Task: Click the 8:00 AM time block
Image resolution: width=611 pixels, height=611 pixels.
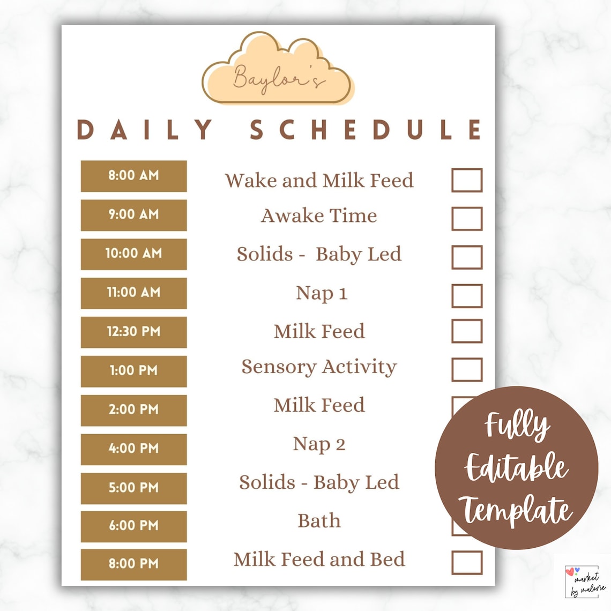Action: (x=133, y=176)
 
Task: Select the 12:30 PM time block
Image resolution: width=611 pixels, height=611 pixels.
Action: (x=133, y=332)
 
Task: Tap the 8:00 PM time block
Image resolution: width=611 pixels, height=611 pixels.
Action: (x=133, y=564)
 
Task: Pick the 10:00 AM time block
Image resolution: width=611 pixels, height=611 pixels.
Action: (x=133, y=254)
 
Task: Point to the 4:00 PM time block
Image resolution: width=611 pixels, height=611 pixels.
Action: (x=133, y=449)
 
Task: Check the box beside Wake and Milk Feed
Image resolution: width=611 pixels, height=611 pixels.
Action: (x=466, y=180)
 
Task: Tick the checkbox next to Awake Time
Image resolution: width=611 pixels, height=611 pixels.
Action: (x=466, y=219)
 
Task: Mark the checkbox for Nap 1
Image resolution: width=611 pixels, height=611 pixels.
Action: (x=466, y=296)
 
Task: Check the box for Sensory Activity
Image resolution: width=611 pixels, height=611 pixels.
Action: (x=466, y=370)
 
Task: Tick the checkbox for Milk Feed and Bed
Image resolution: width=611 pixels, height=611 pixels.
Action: (x=466, y=563)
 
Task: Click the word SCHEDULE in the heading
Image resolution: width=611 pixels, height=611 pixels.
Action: (x=367, y=130)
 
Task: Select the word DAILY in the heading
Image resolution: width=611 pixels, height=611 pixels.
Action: (x=145, y=130)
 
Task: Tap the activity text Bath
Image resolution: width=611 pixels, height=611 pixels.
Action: (x=319, y=520)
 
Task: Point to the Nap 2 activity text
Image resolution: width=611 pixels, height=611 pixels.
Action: (x=319, y=444)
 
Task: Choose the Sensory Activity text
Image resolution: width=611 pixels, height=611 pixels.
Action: (x=319, y=367)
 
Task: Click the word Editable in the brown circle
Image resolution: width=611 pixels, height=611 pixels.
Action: (x=516, y=467)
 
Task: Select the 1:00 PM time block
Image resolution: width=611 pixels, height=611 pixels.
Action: (x=133, y=371)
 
